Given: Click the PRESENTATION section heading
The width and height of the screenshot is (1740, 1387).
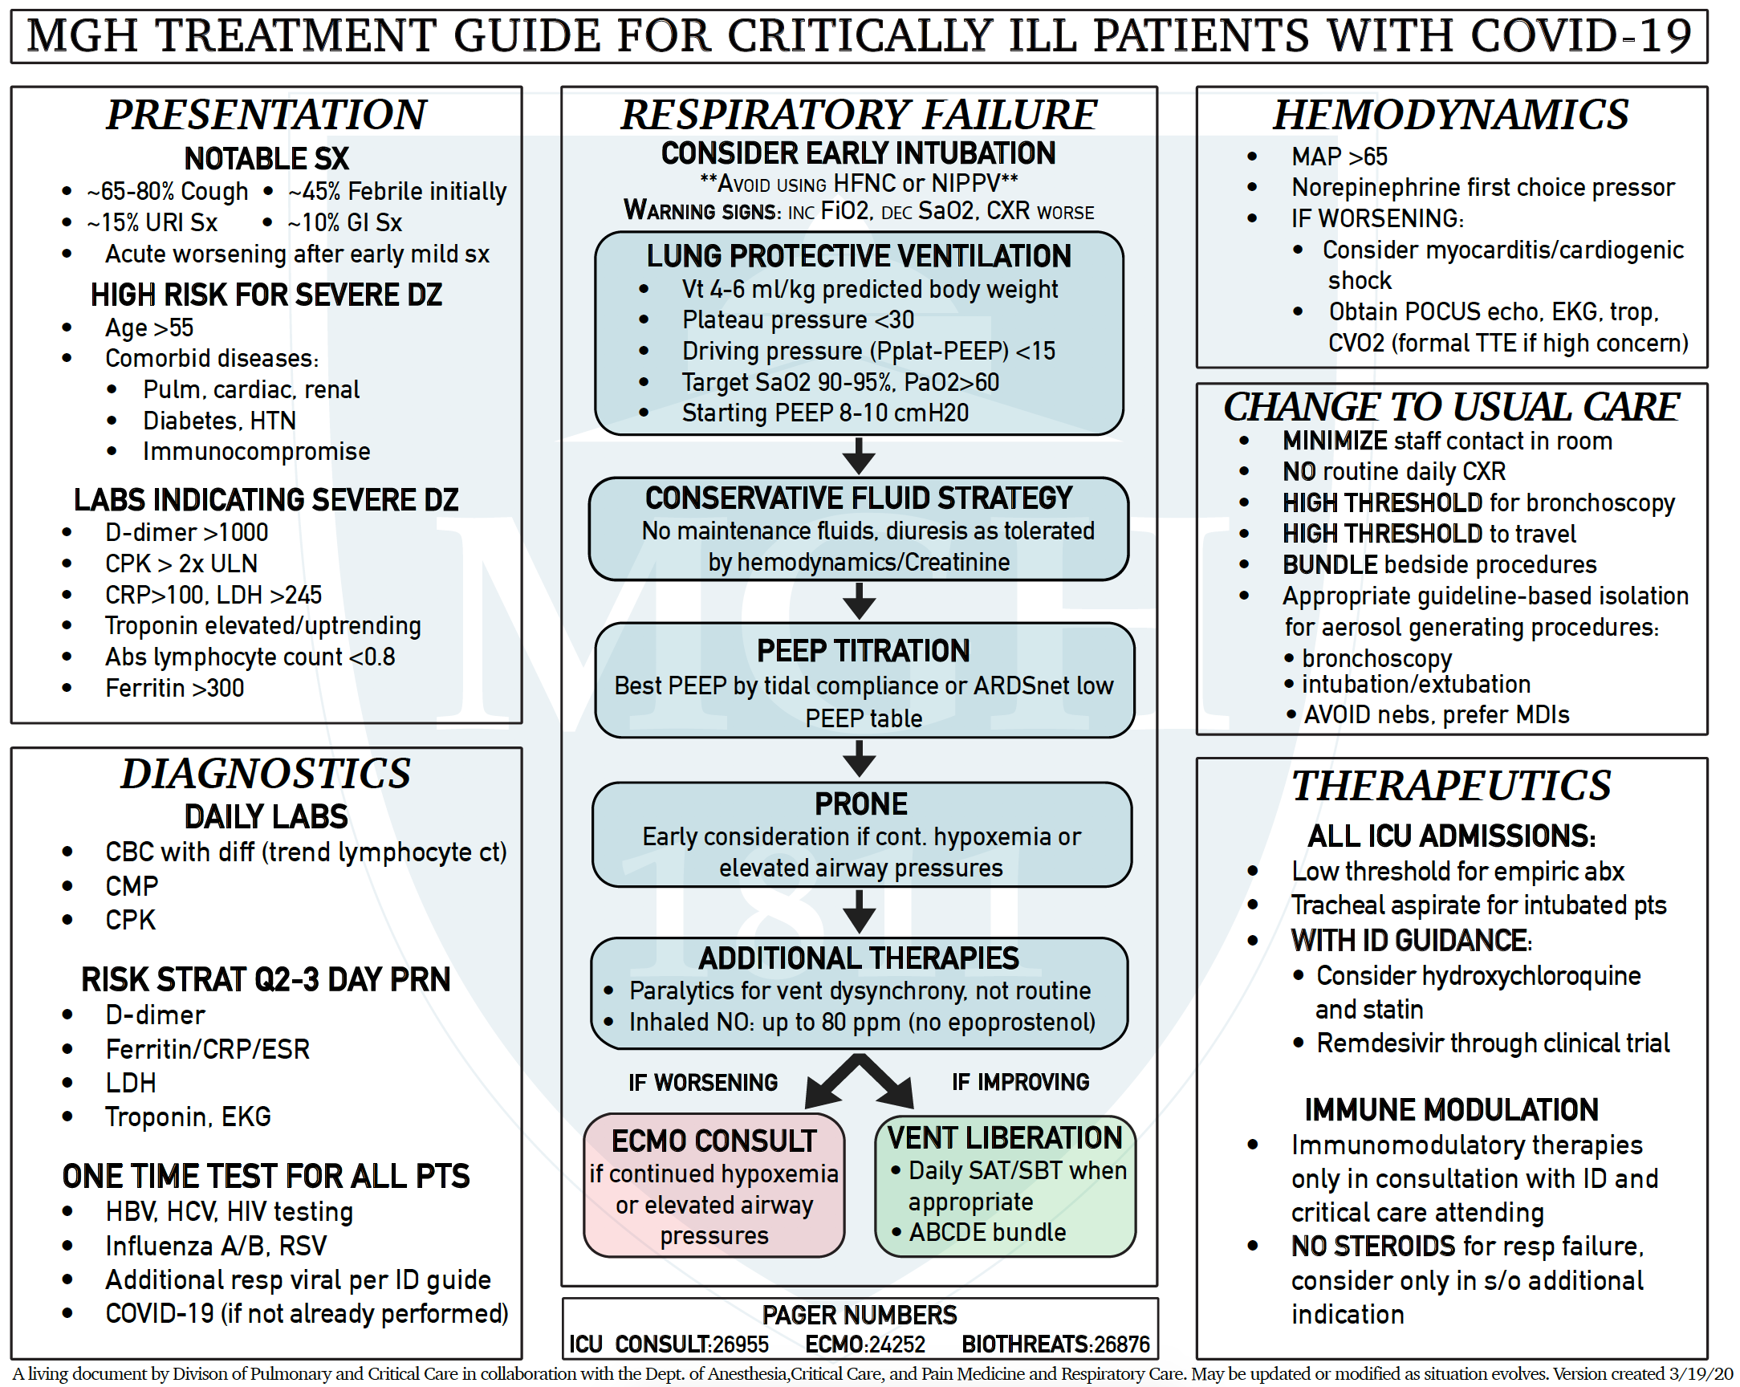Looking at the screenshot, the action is [266, 114].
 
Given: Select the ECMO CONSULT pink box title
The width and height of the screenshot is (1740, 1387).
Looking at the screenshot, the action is [714, 1140].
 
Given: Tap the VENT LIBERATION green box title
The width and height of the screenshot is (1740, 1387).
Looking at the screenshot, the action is [1005, 1137].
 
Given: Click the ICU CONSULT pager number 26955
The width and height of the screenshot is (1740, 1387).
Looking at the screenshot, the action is [740, 1344].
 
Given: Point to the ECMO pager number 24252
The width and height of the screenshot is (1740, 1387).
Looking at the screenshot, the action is [897, 1344].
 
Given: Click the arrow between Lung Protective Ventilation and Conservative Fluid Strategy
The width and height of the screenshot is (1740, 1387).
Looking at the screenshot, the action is [860, 456].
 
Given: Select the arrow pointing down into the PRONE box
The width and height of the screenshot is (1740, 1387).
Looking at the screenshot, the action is [860, 759].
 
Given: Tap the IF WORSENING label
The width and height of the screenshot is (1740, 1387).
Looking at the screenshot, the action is [703, 1082].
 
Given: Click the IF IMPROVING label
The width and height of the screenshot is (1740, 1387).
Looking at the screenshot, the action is [1020, 1081].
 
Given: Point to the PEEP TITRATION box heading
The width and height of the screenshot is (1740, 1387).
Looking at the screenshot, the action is [863, 651].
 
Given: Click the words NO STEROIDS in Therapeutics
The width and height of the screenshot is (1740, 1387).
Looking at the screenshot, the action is [1372, 1246].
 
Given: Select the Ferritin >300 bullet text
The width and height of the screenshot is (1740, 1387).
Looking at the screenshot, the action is [174, 688].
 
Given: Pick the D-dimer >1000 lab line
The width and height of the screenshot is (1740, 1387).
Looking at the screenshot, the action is [186, 532].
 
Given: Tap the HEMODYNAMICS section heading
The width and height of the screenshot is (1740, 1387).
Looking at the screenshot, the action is [1451, 114].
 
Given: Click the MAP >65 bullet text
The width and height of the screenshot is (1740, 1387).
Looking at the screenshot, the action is [1339, 156].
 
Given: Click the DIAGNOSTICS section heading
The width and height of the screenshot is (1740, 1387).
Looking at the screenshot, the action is [266, 774].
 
